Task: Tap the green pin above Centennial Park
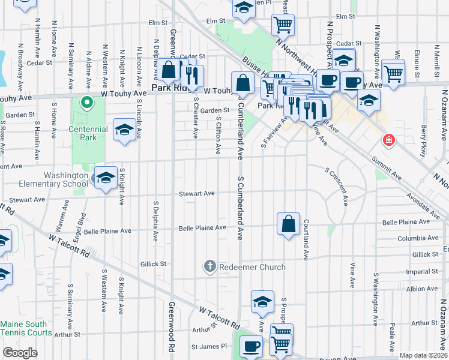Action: click(x=86, y=103)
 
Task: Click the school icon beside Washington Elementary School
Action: click(x=105, y=178)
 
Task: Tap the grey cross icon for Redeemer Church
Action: click(x=209, y=266)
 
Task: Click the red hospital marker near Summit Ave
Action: click(x=389, y=140)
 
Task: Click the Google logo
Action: click(x=20, y=352)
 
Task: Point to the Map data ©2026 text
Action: click(x=424, y=355)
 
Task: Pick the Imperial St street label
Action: click(x=421, y=271)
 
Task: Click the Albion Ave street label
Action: click(x=422, y=289)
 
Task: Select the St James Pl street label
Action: click(x=209, y=347)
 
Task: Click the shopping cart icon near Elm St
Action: click(x=283, y=25)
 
